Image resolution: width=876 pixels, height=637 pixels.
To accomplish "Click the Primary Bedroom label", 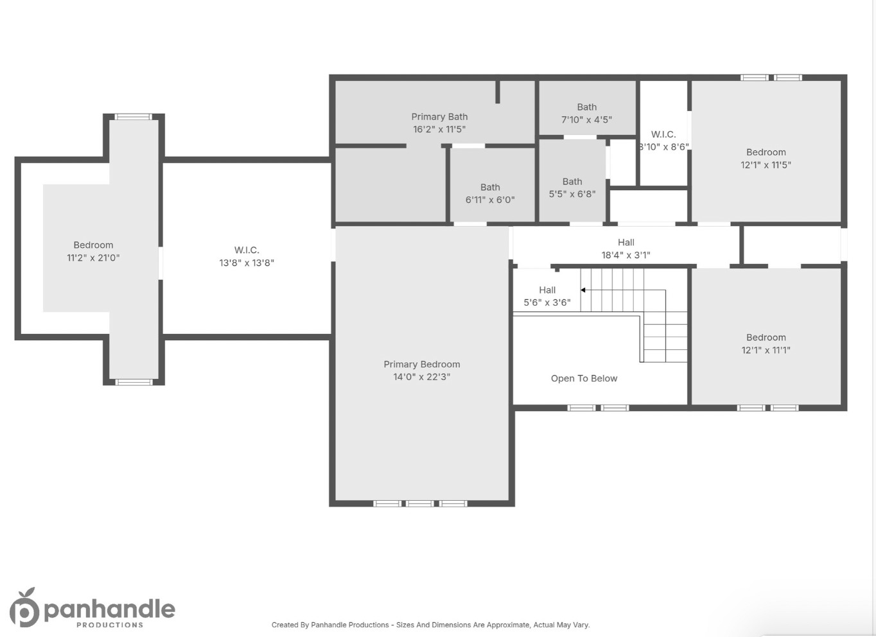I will (421, 364).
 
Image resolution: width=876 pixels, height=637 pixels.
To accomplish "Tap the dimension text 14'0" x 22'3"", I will (421, 377).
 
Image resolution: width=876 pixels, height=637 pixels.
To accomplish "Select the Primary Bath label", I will (439, 117).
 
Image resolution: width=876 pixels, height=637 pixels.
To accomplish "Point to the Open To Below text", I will (584, 378).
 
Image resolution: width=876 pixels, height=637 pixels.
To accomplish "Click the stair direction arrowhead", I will (583, 290).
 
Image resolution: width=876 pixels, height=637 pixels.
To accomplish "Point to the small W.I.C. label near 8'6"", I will (663, 134).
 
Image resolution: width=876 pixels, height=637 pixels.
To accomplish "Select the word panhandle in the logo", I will (109, 609).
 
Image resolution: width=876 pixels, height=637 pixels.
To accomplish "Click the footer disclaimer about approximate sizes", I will (430, 625).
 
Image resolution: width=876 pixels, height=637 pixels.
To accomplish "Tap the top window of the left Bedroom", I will (134, 117).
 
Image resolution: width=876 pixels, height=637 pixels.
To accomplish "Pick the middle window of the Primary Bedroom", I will (420, 503).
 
